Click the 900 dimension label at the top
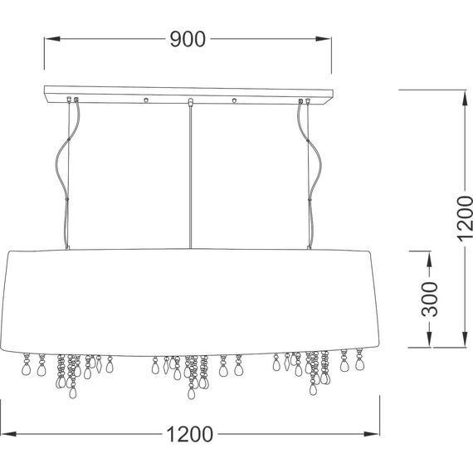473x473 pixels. click(x=188, y=39)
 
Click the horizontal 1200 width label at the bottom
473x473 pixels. click(x=190, y=434)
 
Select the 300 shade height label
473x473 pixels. click(x=429, y=299)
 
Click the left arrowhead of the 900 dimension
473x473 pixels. click(x=52, y=39)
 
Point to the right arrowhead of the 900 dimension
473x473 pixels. click(x=324, y=39)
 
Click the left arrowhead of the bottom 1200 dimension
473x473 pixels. click(x=8, y=434)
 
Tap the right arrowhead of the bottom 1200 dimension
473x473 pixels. click(x=371, y=434)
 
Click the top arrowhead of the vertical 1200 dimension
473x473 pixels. click(x=465, y=98)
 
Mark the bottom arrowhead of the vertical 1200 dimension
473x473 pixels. click(x=465, y=339)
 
